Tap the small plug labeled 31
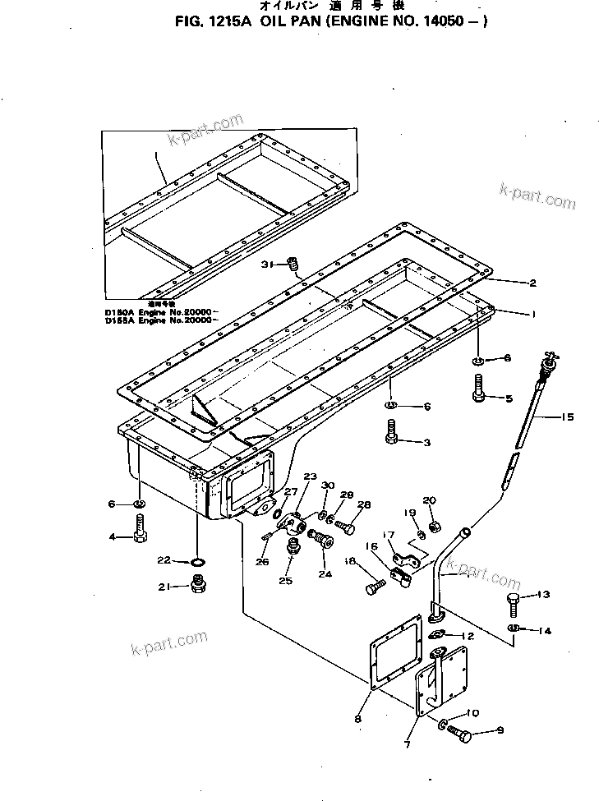(x=293, y=265)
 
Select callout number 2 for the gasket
(x=532, y=283)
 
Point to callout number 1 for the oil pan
(x=532, y=314)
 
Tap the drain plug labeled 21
(x=197, y=585)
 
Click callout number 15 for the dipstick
(x=567, y=417)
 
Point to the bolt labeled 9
(x=459, y=732)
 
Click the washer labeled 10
(x=443, y=725)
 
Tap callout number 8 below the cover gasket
(x=357, y=719)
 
